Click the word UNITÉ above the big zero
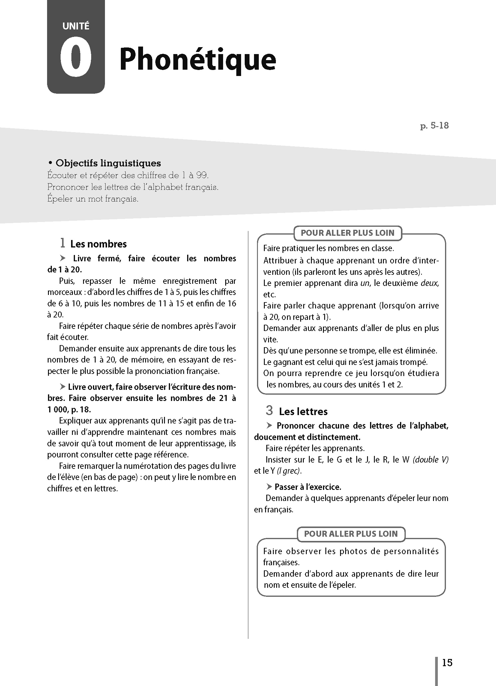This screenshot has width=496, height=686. [x=76, y=26]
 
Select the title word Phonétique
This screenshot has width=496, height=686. [x=198, y=59]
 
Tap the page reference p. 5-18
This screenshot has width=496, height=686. [x=434, y=126]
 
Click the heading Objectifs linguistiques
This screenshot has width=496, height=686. [x=108, y=163]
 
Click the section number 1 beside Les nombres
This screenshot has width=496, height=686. [x=63, y=243]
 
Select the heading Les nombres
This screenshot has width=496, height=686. [x=98, y=244]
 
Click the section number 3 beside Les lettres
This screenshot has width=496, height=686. [x=269, y=411]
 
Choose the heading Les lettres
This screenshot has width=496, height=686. [x=303, y=411]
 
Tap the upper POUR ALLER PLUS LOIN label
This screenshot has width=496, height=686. [x=347, y=233]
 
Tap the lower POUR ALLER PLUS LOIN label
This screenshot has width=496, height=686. [x=351, y=533]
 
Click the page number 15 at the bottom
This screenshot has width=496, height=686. [x=447, y=663]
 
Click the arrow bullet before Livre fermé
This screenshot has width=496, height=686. [x=63, y=258]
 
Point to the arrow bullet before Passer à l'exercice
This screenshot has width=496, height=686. [x=269, y=487]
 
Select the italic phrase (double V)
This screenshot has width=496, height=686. [x=430, y=460]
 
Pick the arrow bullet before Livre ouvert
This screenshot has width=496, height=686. [x=63, y=387]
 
